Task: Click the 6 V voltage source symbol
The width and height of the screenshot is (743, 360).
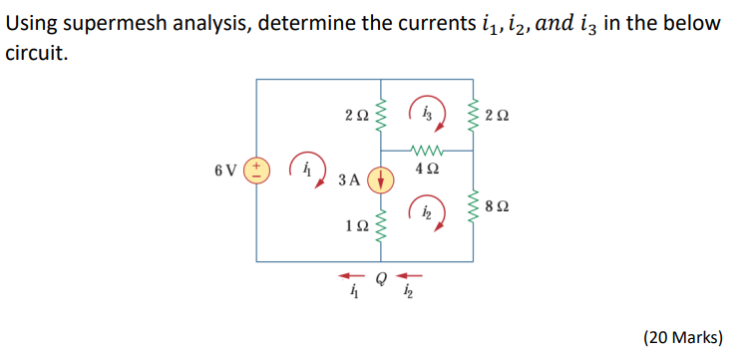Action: [257, 169]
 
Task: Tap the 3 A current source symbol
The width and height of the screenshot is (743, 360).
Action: [380, 180]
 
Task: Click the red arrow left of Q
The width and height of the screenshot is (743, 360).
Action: [349, 275]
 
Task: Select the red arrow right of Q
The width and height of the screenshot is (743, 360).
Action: [409, 275]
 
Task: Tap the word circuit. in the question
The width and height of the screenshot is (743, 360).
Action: [37, 52]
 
